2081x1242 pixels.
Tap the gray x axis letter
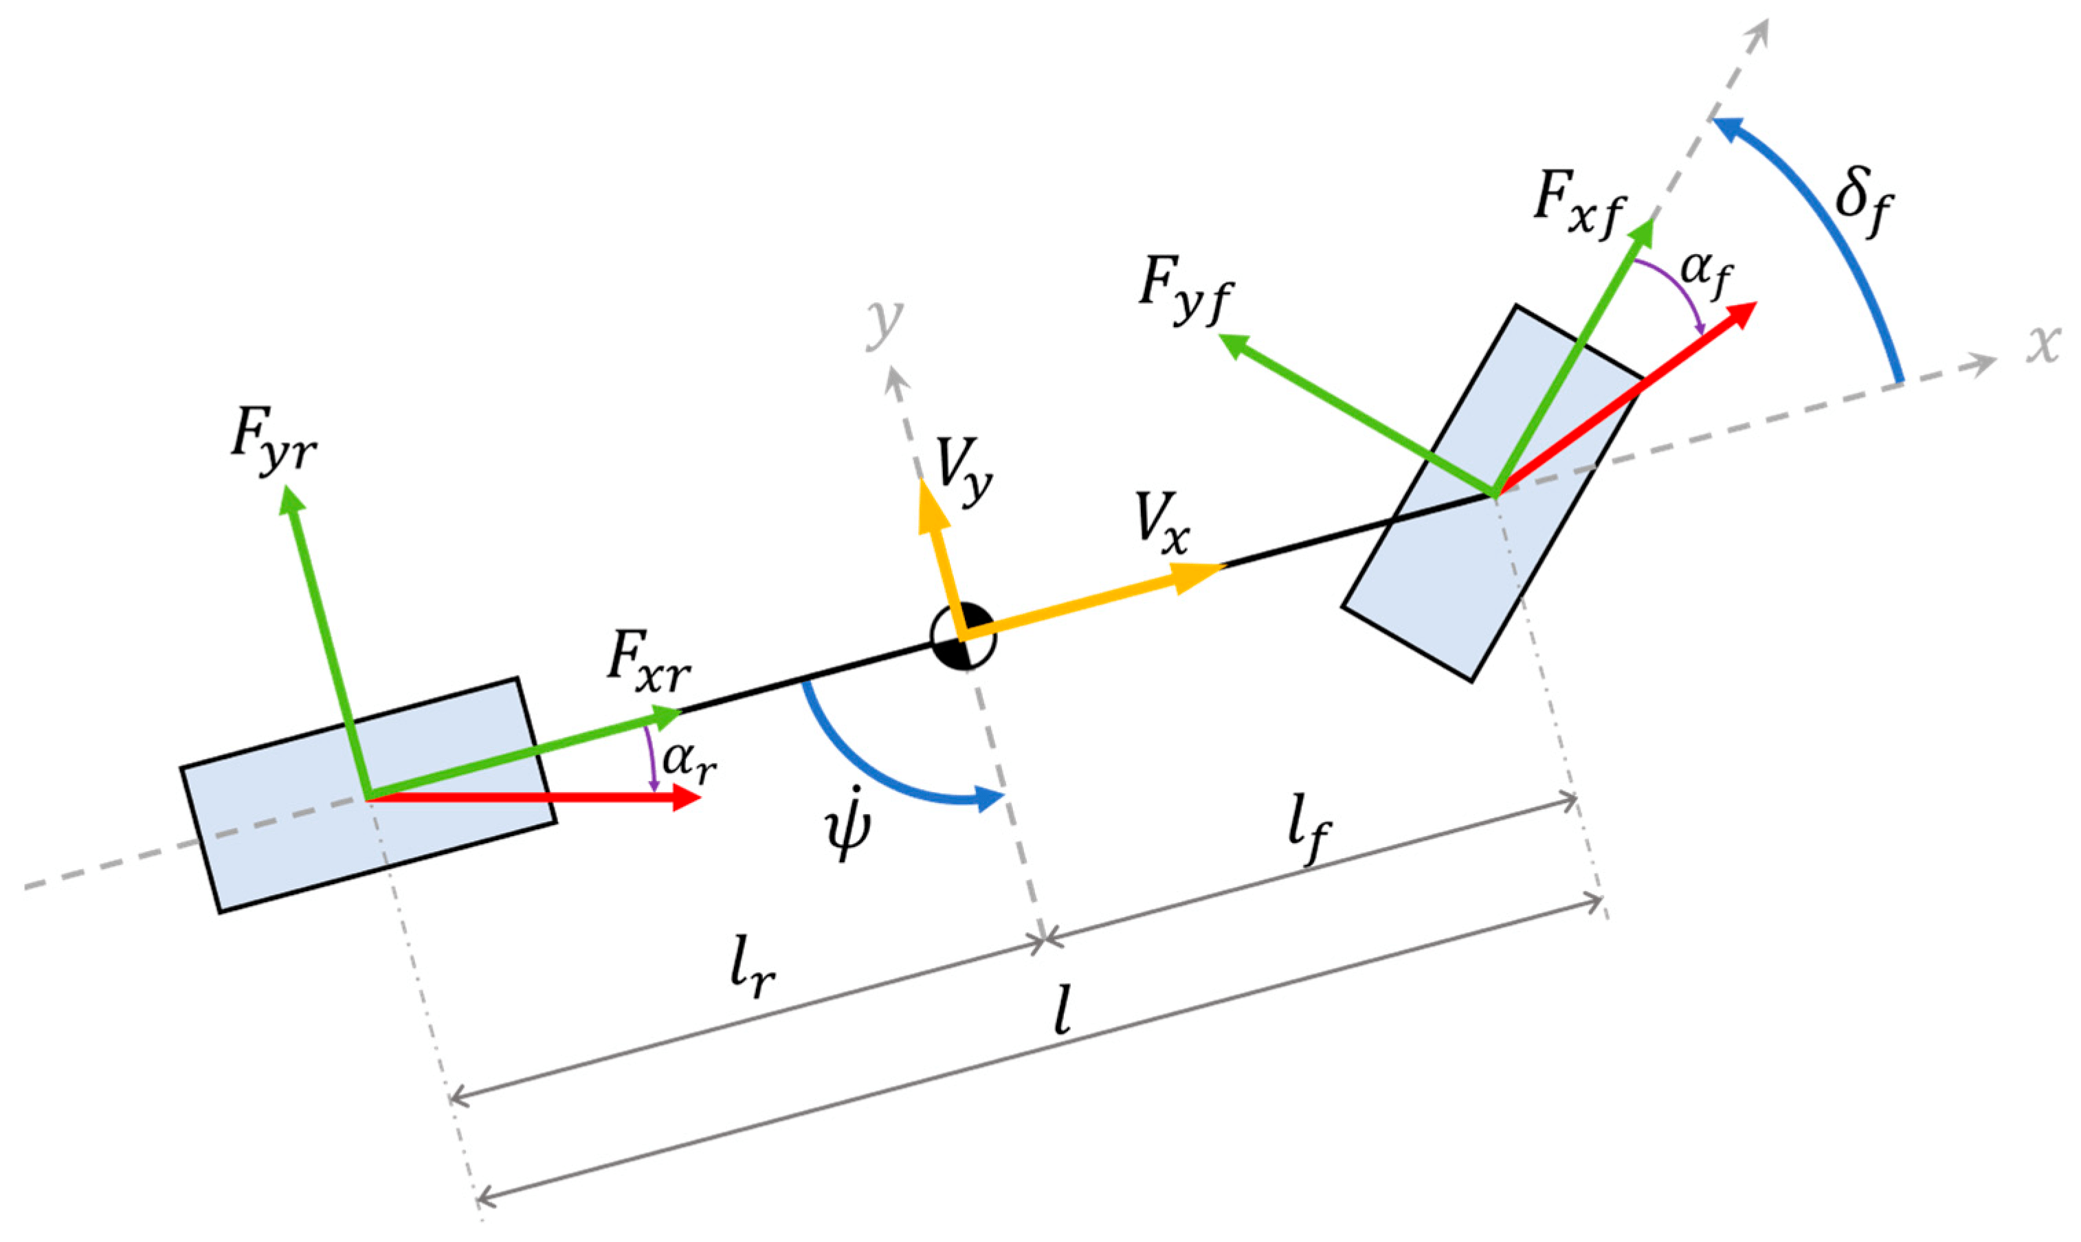tap(2043, 344)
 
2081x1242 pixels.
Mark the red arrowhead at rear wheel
tap(687, 798)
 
